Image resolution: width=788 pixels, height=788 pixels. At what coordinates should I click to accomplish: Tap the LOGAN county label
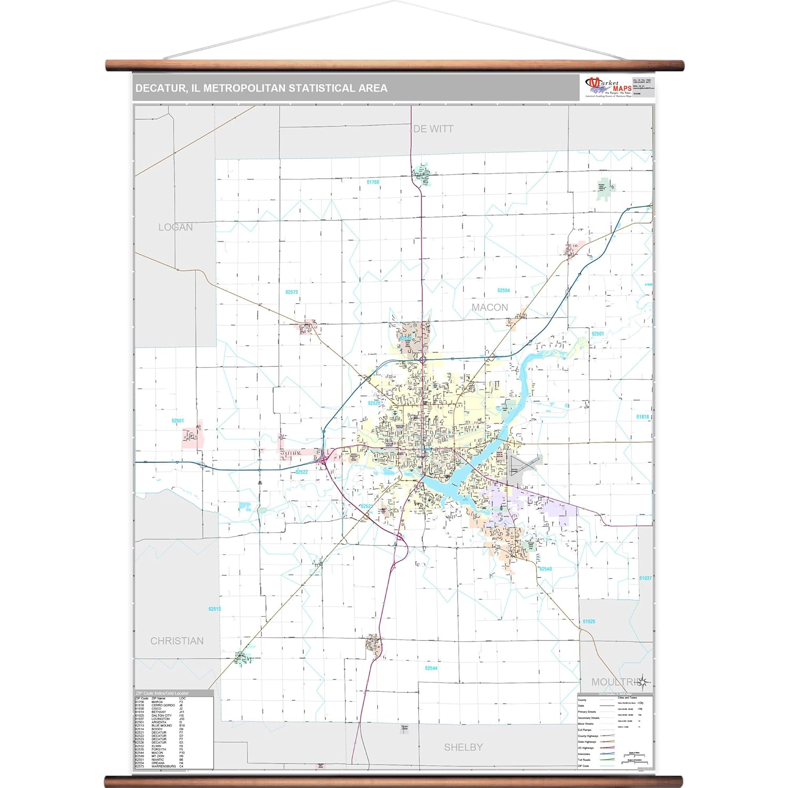point(175,227)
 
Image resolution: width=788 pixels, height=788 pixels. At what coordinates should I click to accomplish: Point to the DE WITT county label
point(433,129)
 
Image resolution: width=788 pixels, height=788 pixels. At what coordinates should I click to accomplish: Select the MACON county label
point(490,307)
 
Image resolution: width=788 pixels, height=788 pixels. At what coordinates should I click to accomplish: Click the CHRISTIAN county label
point(177,641)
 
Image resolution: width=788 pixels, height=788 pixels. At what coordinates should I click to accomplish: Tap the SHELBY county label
point(463,747)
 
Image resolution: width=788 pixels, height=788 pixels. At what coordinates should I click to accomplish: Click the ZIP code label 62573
point(292,292)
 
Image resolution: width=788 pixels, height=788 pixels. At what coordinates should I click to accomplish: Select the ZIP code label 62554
point(503,291)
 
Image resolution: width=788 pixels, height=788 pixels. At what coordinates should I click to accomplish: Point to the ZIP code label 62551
point(178,421)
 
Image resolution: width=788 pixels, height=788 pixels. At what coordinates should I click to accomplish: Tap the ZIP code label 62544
point(431,668)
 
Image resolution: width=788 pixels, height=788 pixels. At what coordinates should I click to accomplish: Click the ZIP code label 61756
point(373,182)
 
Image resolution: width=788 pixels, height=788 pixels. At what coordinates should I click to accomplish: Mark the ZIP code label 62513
point(214,609)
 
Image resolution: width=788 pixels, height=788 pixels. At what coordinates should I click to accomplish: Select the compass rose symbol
point(643,682)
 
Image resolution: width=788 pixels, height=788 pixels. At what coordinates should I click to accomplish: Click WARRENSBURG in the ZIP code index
point(164,766)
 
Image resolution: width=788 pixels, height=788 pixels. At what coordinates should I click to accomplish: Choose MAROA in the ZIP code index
point(157,702)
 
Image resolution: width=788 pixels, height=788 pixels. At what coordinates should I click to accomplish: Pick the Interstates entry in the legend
point(584,754)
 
